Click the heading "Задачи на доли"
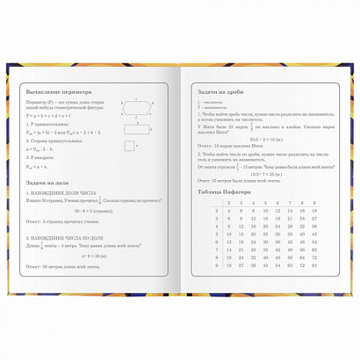coord(48,183)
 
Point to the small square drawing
coord(128,147)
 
